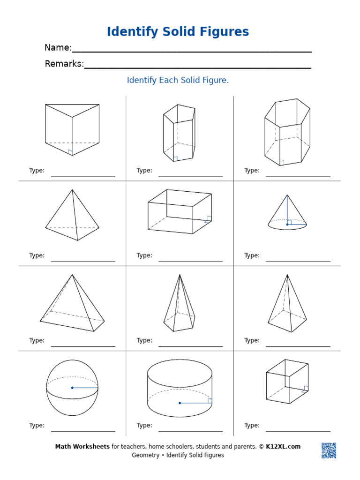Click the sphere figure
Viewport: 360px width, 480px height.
click(x=72, y=388)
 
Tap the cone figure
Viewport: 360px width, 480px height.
click(x=287, y=216)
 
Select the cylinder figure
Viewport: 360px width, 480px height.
click(x=180, y=388)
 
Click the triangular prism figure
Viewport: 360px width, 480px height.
click(x=72, y=129)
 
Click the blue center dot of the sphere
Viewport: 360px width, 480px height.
click(x=72, y=388)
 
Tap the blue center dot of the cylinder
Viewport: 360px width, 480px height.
click(x=180, y=403)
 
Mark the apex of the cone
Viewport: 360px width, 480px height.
click(x=287, y=195)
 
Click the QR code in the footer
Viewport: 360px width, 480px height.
click(x=329, y=450)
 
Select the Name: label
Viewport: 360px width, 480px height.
click(x=58, y=48)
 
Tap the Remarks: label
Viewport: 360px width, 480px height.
click(x=64, y=64)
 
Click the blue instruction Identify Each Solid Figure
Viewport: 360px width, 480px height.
click(x=178, y=80)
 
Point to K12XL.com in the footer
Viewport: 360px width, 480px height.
click(x=283, y=447)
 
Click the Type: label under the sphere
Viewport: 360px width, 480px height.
click(x=37, y=426)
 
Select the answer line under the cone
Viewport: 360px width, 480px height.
click(x=298, y=261)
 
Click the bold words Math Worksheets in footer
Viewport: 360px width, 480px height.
click(x=82, y=447)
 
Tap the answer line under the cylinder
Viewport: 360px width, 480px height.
click(x=190, y=431)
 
